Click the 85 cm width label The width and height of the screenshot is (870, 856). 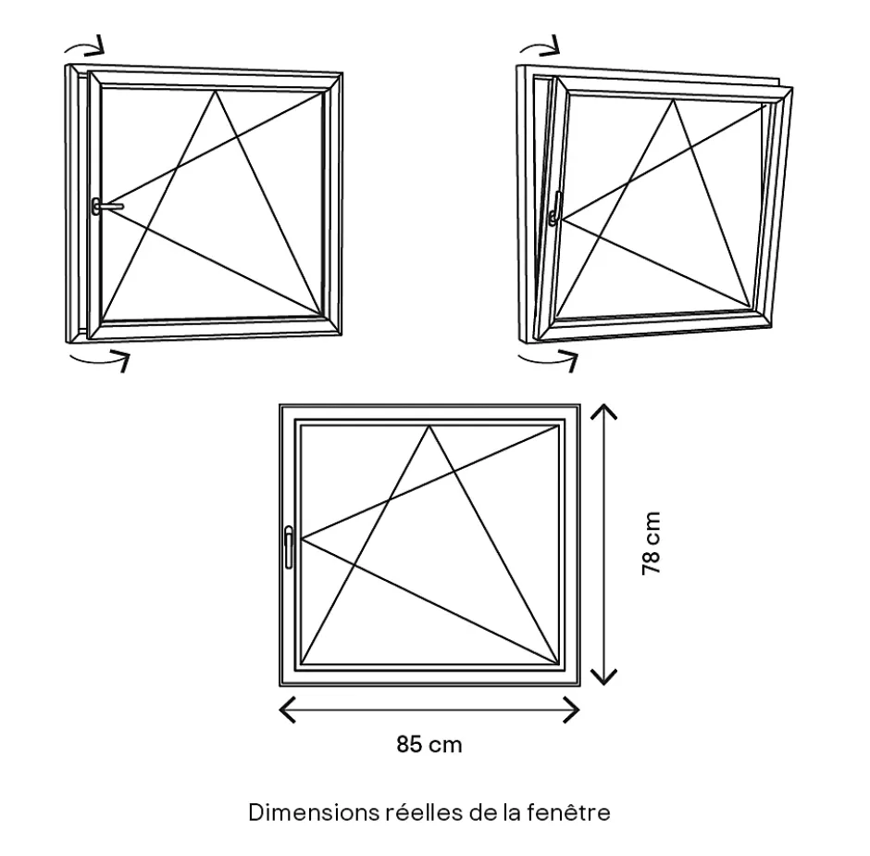(x=429, y=744)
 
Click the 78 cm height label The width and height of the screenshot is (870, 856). (x=652, y=543)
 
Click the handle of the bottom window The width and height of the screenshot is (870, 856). (x=289, y=548)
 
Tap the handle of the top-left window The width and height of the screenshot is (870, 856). (x=107, y=207)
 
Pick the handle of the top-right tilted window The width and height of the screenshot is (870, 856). (x=555, y=208)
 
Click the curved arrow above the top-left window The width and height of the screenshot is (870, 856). (x=84, y=46)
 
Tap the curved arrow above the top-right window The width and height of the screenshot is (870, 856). (x=540, y=46)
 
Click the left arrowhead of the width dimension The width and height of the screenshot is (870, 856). (x=287, y=710)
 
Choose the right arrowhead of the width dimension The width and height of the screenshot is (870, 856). (x=571, y=710)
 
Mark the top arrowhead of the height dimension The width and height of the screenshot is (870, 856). (x=603, y=412)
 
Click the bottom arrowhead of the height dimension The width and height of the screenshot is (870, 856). (x=603, y=676)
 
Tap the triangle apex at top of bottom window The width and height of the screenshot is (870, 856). (x=429, y=426)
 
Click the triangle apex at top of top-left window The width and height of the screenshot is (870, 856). (x=216, y=91)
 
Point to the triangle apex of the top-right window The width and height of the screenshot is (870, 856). (x=674, y=100)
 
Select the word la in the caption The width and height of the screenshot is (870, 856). (x=512, y=812)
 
